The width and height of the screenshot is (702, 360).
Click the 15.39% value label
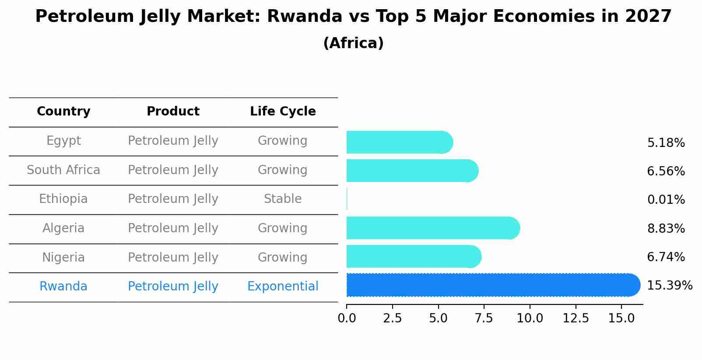click(669, 286)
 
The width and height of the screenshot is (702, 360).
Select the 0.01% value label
click(666, 200)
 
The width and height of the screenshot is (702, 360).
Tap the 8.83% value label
click(666, 228)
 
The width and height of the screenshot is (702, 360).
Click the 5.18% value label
click(666, 143)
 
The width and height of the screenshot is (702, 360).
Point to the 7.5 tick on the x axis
click(484, 318)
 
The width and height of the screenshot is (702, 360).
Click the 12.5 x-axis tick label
click(576, 318)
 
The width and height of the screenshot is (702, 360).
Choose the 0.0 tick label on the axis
click(347, 318)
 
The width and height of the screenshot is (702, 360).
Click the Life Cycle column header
click(283, 112)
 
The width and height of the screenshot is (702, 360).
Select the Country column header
click(63, 112)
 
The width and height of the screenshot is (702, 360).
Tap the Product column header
click(173, 112)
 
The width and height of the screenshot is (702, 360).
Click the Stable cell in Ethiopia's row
click(283, 199)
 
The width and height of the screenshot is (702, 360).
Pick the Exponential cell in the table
click(283, 287)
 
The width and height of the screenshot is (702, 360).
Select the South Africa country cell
click(63, 170)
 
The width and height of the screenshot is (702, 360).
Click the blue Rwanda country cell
click(63, 287)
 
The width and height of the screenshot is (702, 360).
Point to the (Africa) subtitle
click(353, 43)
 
